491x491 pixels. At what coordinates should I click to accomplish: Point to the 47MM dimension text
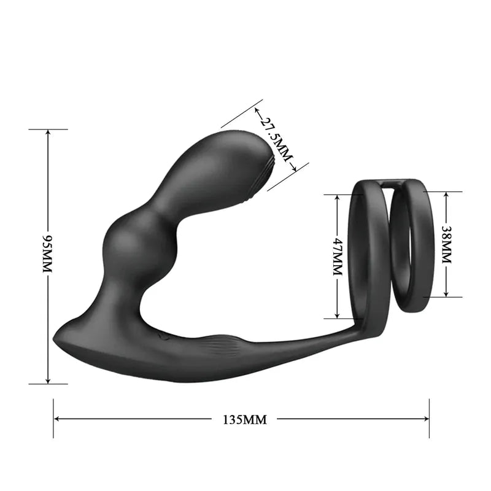point(336,257)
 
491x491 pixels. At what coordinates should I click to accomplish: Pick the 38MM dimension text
point(446,244)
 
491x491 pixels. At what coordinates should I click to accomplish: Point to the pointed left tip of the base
point(56,337)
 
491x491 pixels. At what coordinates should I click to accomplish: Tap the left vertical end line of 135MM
point(54,419)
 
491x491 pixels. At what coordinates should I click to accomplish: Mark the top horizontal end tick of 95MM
point(48,130)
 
